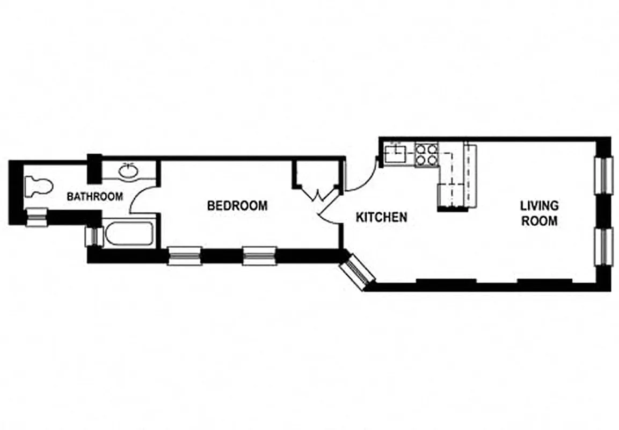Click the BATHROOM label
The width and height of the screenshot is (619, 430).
pyautogui.click(x=94, y=197)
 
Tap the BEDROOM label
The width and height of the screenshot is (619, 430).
pyautogui.click(x=237, y=205)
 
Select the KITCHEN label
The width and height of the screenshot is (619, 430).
pyautogui.click(x=382, y=217)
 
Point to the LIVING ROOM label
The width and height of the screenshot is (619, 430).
pyautogui.click(x=538, y=213)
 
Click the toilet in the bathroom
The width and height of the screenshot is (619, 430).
pyautogui.click(x=39, y=186)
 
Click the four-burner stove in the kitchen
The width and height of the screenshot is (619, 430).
pyautogui.click(x=427, y=155)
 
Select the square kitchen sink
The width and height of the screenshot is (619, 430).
pyautogui.click(x=398, y=154)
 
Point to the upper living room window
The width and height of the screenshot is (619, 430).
pyautogui.click(x=605, y=175)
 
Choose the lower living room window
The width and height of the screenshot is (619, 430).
pyautogui.click(x=605, y=246)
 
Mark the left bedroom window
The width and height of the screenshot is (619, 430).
pyautogui.click(x=185, y=256)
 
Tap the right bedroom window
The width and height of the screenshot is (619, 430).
pyautogui.click(x=259, y=256)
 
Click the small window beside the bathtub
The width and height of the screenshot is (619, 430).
pyautogui.click(x=92, y=236)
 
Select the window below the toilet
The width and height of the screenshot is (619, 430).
pyautogui.click(x=37, y=217)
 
